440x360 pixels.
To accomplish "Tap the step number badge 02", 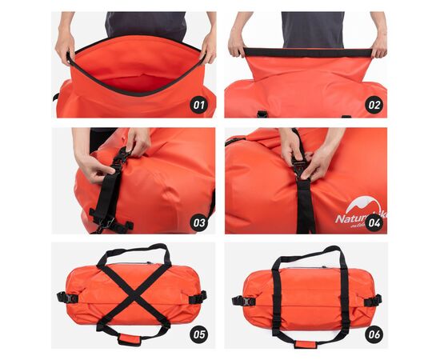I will click(374, 104).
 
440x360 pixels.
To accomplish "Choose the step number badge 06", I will click(374, 334).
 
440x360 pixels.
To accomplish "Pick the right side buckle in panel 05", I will click(198, 298).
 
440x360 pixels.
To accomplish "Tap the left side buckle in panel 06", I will click(238, 301).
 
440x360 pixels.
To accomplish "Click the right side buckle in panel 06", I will click(373, 301).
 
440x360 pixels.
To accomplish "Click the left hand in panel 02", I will click(238, 46).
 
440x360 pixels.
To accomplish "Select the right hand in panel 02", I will click(378, 46).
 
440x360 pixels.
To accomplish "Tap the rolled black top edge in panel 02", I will click(307, 53).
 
